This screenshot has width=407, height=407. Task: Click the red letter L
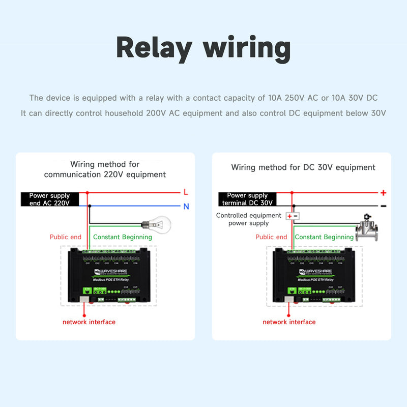185,192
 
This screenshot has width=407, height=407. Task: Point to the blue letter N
186,207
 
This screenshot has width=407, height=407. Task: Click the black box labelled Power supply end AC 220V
49,199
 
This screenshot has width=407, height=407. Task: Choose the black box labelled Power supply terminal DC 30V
247,199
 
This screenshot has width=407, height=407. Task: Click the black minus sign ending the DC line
383,206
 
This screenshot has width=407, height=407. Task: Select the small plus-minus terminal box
293,216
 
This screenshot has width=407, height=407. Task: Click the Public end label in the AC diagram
66,237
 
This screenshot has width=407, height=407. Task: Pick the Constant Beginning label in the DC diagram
324,237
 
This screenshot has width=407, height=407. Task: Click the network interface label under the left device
89,322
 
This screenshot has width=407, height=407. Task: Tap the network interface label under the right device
289,322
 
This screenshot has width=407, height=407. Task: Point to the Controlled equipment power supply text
248,219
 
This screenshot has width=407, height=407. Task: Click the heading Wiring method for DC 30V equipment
303,167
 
